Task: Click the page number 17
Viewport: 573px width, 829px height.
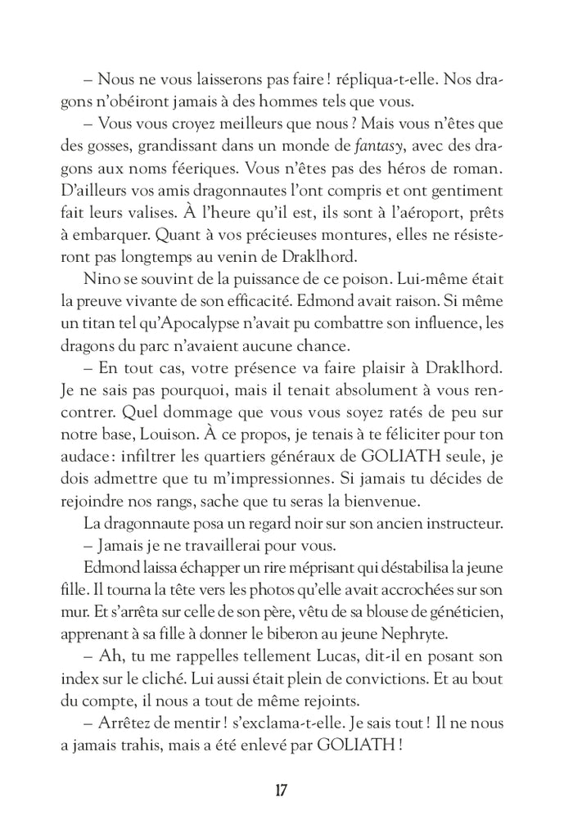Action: (x=280, y=791)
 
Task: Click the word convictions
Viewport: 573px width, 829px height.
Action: (x=386, y=679)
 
